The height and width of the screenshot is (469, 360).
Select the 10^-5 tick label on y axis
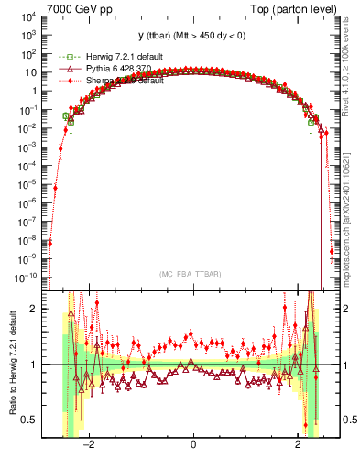click(x=27, y=184)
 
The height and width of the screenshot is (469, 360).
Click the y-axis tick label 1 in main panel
click(x=34, y=92)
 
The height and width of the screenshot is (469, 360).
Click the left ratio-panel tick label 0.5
click(x=28, y=420)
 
